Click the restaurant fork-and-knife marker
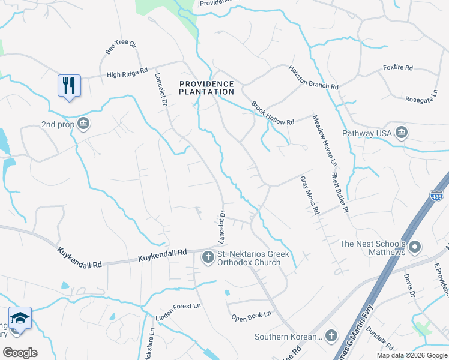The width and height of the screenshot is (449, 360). pyautogui.click(x=69, y=85)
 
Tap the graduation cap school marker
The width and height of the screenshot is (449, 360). pyautogui.click(x=20, y=317)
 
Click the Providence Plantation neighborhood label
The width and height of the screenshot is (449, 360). pyautogui.click(x=206, y=88)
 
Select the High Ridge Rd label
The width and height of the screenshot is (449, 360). pyautogui.click(x=127, y=74)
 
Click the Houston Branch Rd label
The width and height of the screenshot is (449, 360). pyautogui.click(x=313, y=77)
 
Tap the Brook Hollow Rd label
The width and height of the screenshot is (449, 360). pyautogui.click(x=273, y=112)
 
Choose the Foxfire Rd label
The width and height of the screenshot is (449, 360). pyautogui.click(x=397, y=68)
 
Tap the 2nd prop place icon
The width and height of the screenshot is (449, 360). pyautogui.click(x=83, y=124)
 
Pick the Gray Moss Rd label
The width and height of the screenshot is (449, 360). pyautogui.click(x=308, y=196)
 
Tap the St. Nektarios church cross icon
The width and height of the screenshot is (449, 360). pyautogui.click(x=208, y=258)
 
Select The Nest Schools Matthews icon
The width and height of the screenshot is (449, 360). pyautogui.click(x=415, y=247)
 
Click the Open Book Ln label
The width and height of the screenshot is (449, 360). pyautogui.click(x=251, y=314)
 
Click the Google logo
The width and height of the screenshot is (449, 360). pyautogui.click(x=20, y=352)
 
